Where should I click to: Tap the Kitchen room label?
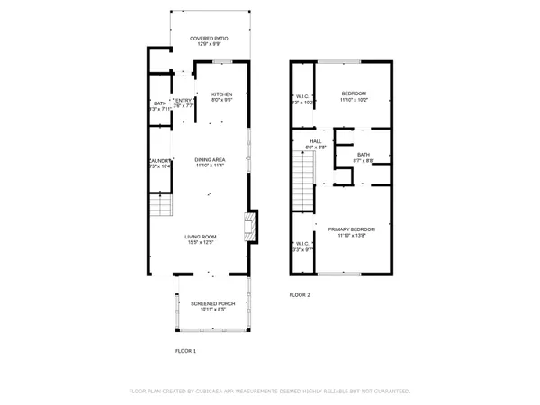221,94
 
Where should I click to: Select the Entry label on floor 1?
184,100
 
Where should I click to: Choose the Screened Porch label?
212,304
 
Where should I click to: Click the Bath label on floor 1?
159,103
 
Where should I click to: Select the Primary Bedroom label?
351,229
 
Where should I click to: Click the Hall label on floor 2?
316,141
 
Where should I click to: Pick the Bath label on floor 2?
364,154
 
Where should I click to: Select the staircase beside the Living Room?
159,209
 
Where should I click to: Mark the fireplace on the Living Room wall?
251,226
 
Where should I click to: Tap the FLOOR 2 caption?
300,295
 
